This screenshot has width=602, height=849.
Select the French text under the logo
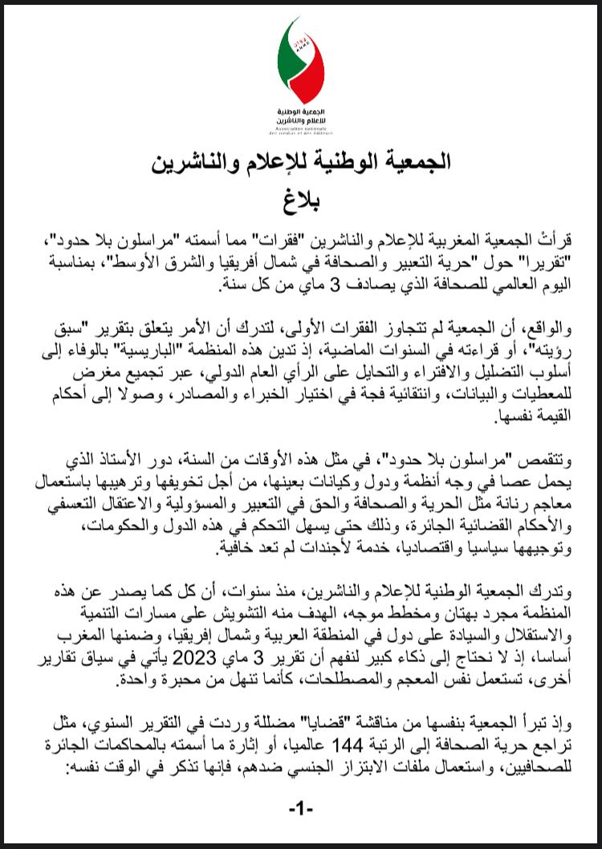coord(301,129)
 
